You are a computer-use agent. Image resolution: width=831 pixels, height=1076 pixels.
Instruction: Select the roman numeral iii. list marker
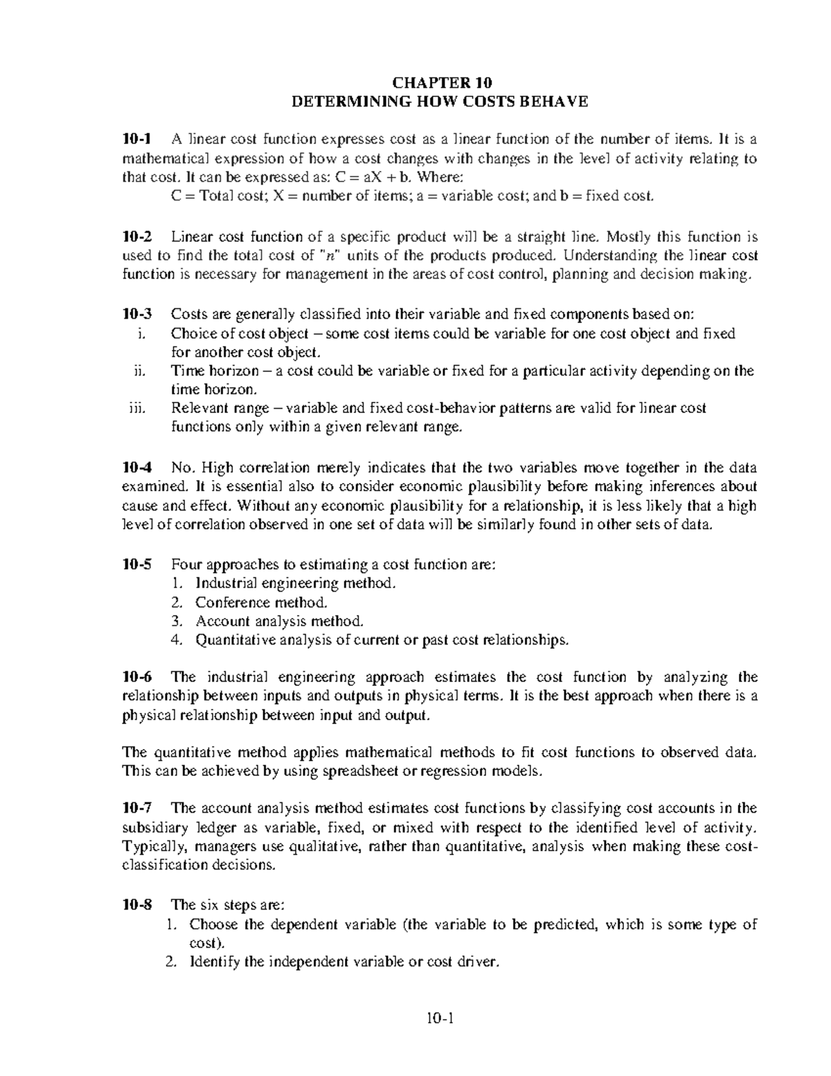[138, 408]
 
